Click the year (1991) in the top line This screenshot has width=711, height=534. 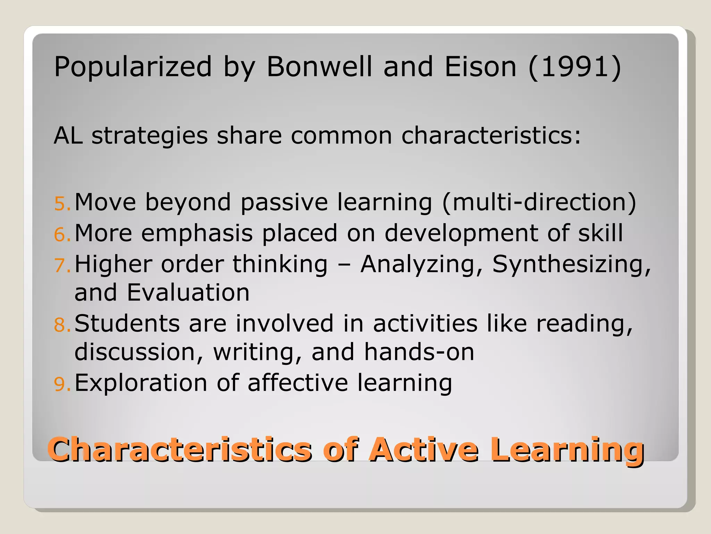575,67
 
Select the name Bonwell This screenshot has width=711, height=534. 319,67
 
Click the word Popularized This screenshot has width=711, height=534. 133,67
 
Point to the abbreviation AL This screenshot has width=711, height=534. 68,135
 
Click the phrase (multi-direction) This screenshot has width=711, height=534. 539,202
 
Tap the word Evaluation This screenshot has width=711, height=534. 188,292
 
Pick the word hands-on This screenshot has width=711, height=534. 419,352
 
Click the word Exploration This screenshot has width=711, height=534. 141,383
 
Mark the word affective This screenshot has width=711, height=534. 298,383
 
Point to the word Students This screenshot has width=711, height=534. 127,324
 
